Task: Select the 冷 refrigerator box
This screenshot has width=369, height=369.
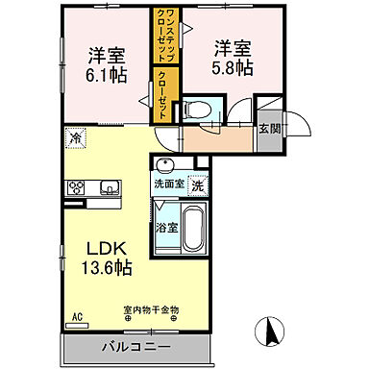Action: pos(74,138)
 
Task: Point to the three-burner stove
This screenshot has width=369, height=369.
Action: pos(75,188)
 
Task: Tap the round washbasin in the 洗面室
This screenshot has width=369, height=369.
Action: pos(164,164)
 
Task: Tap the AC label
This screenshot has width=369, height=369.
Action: pos(78,315)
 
